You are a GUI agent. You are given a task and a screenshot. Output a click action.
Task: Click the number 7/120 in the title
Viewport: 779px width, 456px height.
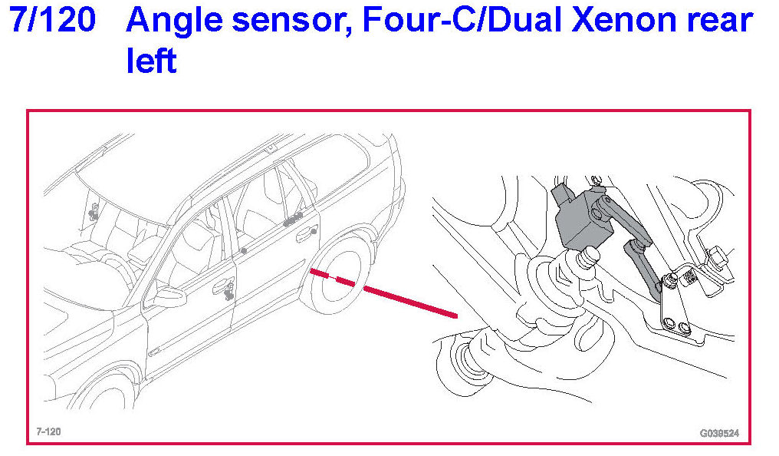pos(52,21)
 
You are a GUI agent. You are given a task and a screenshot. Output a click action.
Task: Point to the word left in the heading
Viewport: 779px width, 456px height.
pos(152,60)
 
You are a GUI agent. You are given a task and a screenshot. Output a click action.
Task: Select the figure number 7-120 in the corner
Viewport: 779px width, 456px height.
pos(48,431)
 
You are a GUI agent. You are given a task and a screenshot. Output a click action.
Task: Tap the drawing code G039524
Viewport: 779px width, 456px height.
pos(719,433)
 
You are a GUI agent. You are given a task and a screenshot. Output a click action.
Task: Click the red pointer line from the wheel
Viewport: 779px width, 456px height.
pos(383,293)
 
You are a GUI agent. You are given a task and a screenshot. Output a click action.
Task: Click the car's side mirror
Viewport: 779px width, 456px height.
pos(169,297)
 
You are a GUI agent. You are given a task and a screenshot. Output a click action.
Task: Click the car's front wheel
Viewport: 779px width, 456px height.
pos(105,393)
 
